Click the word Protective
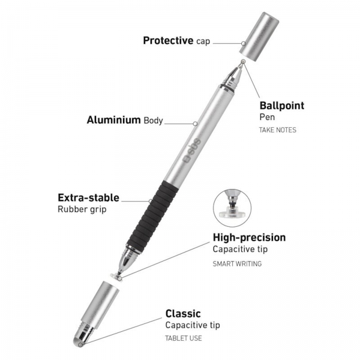(168, 40)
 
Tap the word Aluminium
(113, 120)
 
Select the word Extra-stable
(88, 197)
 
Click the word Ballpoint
(282, 106)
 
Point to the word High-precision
(250, 238)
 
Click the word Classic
(183, 314)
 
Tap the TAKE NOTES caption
(278, 130)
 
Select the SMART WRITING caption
(237, 264)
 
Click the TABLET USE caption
(184, 338)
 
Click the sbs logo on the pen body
(193, 151)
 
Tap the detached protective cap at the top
(259, 37)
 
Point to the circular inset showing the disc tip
(232, 208)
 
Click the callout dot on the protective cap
(244, 43)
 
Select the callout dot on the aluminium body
(195, 124)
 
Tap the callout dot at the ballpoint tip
(243, 62)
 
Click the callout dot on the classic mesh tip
(80, 345)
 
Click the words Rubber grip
(82, 209)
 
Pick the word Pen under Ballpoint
(267, 117)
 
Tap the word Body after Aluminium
(153, 121)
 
